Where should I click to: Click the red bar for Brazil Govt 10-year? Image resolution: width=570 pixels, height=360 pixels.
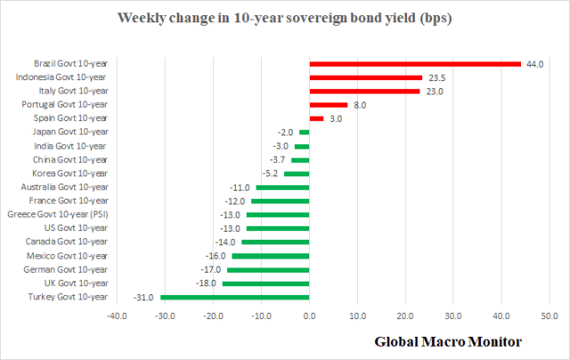click(414, 63)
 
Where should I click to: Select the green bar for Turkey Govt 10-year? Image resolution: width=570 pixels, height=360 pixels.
click(234, 297)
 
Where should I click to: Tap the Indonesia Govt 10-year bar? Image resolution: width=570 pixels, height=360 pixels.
click(365, 78)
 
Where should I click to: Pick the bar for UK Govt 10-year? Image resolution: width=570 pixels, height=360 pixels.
click(265, 283)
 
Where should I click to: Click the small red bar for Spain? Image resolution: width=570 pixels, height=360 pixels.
click(316, 119)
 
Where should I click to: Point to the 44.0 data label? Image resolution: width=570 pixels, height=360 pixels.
click(534, 63)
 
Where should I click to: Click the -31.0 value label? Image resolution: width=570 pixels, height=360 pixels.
click(146, 297)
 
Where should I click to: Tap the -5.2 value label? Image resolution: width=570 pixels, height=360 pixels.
click(270, 174)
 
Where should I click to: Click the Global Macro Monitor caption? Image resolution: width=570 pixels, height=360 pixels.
click(447, 341)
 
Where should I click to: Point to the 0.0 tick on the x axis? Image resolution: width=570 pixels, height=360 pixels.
click(309, 315)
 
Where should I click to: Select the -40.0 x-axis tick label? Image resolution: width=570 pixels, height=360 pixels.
click(116, 315)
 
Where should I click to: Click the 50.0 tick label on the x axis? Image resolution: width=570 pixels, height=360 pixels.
click(550, 315)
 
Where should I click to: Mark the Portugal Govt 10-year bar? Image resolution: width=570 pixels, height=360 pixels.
click(328, 104)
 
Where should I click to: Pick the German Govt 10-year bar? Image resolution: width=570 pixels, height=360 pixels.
click(268, 269)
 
